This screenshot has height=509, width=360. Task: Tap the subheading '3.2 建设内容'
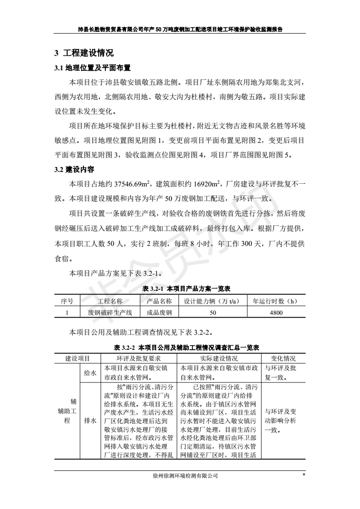74,170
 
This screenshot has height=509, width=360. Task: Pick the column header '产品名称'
159,301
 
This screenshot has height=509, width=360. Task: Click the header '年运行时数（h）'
276,301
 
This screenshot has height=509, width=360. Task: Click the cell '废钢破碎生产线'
110,313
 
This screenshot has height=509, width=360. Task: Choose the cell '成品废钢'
159,313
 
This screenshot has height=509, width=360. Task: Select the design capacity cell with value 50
212,313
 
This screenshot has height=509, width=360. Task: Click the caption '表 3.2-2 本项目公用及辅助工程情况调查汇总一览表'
186,347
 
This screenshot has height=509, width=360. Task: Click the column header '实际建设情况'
219,358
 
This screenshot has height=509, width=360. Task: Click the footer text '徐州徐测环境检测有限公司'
186,476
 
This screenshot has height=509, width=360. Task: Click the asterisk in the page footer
303,475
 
